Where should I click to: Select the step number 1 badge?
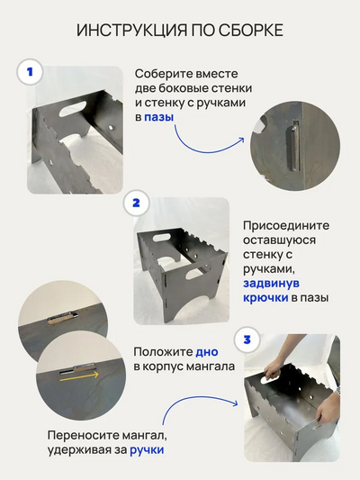pos(31,71)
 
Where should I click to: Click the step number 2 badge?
pos(135,203)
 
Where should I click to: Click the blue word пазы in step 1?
pos(160,117)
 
